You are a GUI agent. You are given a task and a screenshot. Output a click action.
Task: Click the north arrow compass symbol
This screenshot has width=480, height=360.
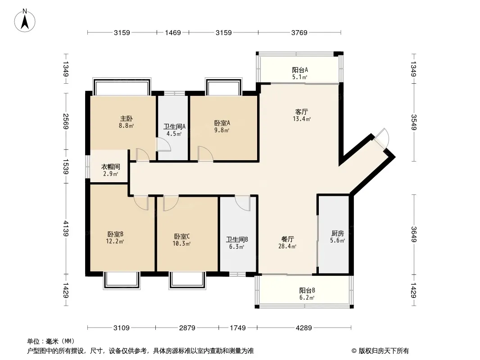[x=25, y=21]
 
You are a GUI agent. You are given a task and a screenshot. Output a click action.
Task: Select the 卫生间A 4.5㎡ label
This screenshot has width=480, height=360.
[x=174, y=130]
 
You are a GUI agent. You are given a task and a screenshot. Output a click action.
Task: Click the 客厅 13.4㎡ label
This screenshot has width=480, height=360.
[x=302, y=115]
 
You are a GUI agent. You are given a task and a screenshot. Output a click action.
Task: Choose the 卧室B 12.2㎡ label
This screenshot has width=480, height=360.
[x=115, y=238]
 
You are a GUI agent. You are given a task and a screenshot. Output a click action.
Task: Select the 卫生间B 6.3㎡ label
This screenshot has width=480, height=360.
[x=237, y=243]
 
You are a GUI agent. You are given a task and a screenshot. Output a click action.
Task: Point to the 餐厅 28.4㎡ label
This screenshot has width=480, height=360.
[x=287, y=243]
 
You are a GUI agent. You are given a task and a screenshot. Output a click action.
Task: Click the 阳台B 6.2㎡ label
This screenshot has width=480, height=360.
[x=307, y=294]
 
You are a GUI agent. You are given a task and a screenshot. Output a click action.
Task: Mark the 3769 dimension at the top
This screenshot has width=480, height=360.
[x=299, y=32]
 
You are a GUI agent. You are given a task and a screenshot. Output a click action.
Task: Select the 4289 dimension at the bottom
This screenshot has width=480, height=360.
[x=303, y=328]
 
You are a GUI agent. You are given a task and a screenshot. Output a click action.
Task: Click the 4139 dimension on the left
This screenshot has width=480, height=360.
[x=65, y=228]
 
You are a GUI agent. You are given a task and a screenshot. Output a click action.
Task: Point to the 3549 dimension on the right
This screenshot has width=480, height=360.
[x=413, y=122]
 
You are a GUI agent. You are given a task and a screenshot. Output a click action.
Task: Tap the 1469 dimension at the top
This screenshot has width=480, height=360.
[x=173, y=32]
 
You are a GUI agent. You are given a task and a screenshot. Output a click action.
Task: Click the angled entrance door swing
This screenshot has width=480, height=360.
[x=381, y=138]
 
